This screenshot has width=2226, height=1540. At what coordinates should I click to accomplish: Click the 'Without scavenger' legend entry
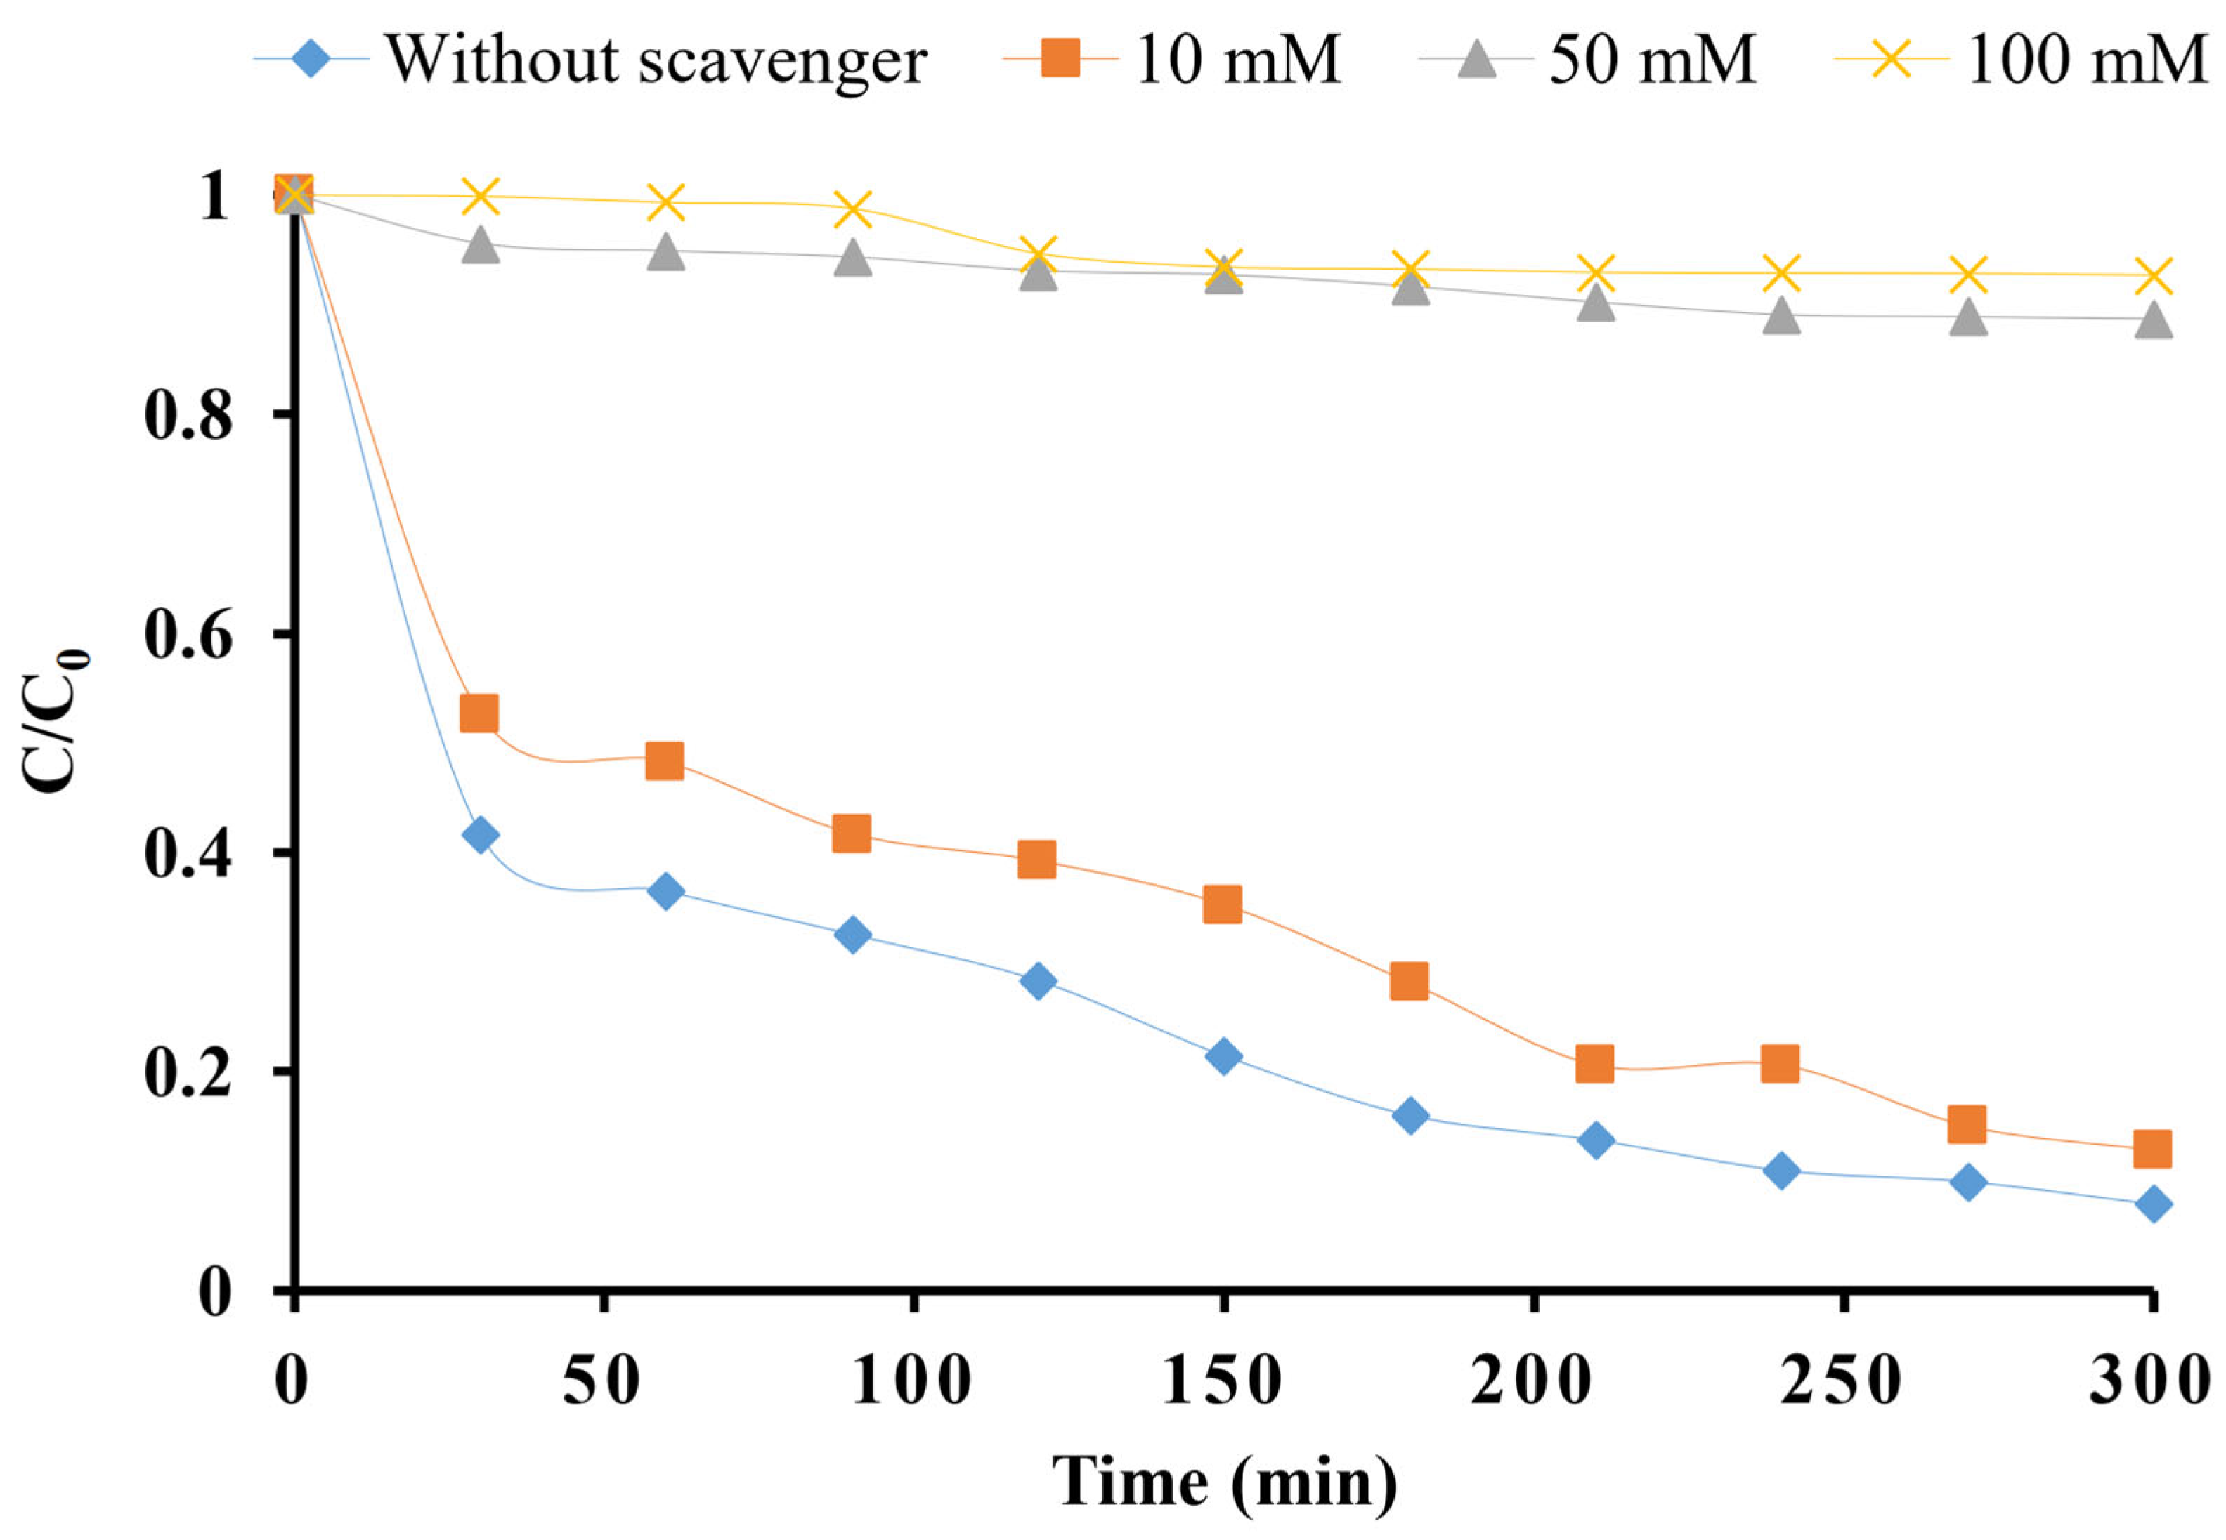tap(656, 60)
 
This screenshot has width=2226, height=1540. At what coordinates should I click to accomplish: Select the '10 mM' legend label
tap(1237, 60)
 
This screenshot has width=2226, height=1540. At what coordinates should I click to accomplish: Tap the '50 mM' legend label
tap(1652, 60)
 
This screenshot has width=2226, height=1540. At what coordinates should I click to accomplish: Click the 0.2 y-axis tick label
tap(188, 1073)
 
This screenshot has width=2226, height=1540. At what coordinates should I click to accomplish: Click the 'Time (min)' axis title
tap(1224, 1481)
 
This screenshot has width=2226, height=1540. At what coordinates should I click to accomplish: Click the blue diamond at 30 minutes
tap(480, 835)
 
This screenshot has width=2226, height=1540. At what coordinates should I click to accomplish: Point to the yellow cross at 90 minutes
tap(852, 209)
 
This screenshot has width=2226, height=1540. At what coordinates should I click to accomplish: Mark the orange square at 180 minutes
tap(1408, 981)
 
